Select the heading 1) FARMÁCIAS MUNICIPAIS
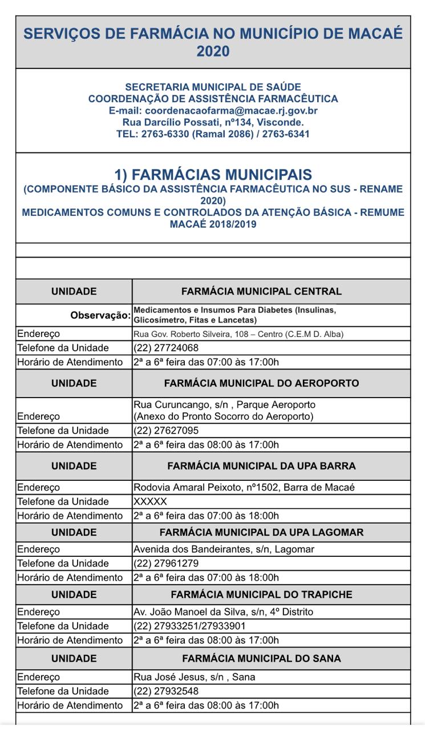tap(213, 174)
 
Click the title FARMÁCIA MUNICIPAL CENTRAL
tap(261, 291)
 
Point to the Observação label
tap(101, 315)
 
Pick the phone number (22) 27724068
tap(166, 348)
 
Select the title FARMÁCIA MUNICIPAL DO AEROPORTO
tap(261, 383)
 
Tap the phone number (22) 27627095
tap(166, 431)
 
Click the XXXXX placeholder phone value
tap(150, 501)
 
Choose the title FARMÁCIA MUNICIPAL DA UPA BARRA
tap(261, 466)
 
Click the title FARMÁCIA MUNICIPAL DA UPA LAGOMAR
tap(261, 532)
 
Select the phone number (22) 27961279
tap(166, 564)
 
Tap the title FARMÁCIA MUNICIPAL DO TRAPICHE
tap(261, 595)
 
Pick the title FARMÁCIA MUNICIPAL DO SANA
tap(261, 658)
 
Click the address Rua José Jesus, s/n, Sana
tap(194, 677)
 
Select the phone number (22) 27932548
tap(166, 691)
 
